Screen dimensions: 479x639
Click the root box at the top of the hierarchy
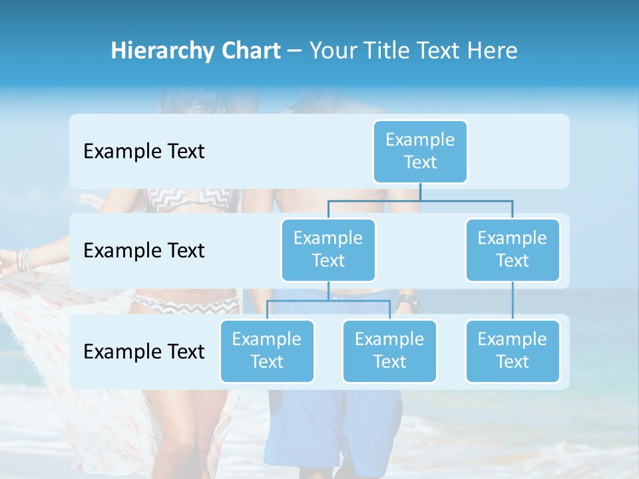[x=420, y=151]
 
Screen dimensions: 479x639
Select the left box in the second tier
[x=328, y=249]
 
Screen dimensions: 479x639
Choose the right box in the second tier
[x=513, y=249]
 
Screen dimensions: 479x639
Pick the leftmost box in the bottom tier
[x=267, y=351]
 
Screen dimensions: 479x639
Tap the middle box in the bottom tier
[x=389, y=351]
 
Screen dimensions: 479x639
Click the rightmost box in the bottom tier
[x=513, y=351]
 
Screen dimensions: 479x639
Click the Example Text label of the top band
[x=144, y=151]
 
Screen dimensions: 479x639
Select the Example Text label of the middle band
[x=144, y=250]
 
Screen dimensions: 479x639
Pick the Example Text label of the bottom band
[x=144, y=351]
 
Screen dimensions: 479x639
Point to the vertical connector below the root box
[x=420, y=192]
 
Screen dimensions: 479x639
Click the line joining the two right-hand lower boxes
[x=513, y=301]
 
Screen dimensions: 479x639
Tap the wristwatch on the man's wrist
[x=407, y=303]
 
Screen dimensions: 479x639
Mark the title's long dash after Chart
[x=295, y=51]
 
